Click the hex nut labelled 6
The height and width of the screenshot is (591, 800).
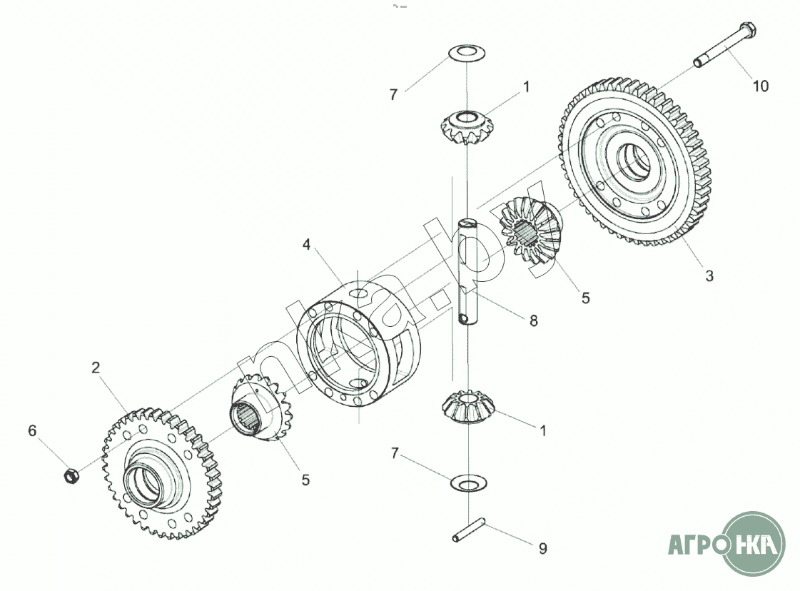[x=71, y=475]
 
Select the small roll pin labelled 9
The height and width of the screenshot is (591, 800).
[x=468, y=530]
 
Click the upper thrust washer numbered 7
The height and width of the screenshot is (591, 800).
[x=466, y=53]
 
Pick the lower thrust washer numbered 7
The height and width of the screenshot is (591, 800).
[x=469, y=483]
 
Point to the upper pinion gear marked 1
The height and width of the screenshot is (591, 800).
[x=465, y=128]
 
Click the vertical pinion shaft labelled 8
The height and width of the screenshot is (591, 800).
[x=467, y=272]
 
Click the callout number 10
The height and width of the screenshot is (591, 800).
[x=760, y=86]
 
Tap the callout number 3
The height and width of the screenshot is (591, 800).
[x=709, y=276]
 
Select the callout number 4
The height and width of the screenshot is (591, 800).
[x=306, y=245]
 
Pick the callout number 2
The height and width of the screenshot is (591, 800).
[x=96, y=368]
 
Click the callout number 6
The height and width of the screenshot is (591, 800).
[x=32, y=430]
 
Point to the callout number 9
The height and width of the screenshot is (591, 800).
[x=543, y=548]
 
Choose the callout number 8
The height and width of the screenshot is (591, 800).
[x=533, y=320]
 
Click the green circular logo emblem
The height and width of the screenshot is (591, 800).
[x=754, y=545]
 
